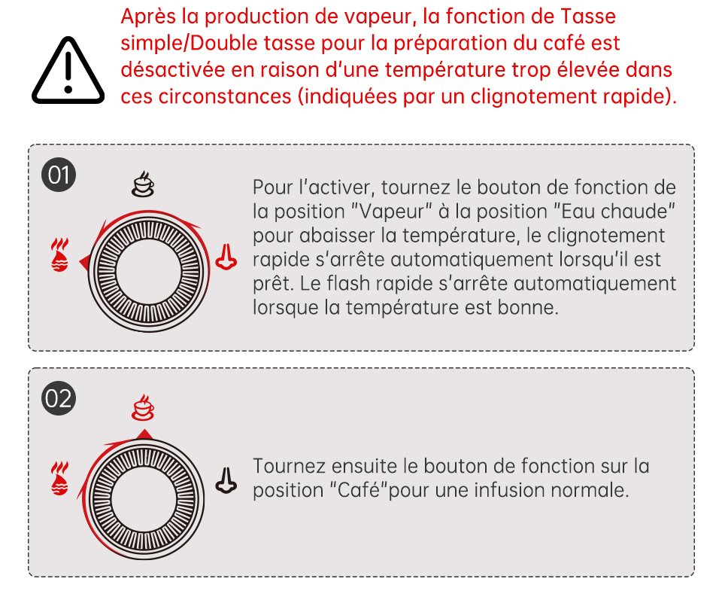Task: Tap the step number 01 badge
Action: tap(59, 175)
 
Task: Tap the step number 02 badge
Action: tap(59, 398)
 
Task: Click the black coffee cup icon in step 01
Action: tap(143, 184)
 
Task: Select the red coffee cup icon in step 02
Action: tap(143, 407)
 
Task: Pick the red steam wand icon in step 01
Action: tap(226, 257)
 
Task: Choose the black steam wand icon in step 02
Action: tap(226, 481)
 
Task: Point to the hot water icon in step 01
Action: tap(59, 254)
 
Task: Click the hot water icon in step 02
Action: tap(59, 478)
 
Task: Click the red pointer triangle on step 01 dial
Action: tap(84, 263)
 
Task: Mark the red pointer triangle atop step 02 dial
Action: tap(144, 434)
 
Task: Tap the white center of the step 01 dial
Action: tap(149, 272)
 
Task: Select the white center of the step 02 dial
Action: tap(144, 500)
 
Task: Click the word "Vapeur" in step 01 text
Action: tap(391, 212)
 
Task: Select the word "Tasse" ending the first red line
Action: tap(588, 17)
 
